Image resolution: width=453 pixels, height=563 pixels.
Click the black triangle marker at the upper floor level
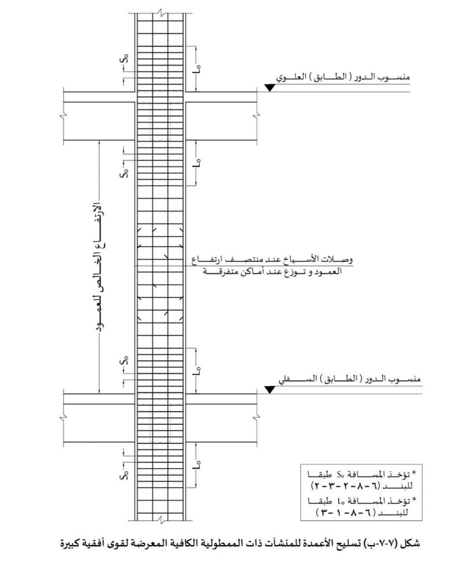pos(269,87)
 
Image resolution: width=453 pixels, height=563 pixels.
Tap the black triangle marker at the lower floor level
pos(269,389)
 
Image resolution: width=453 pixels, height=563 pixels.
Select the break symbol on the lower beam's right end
pos(257,418)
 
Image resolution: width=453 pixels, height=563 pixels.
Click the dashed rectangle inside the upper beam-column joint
pos(160,121)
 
